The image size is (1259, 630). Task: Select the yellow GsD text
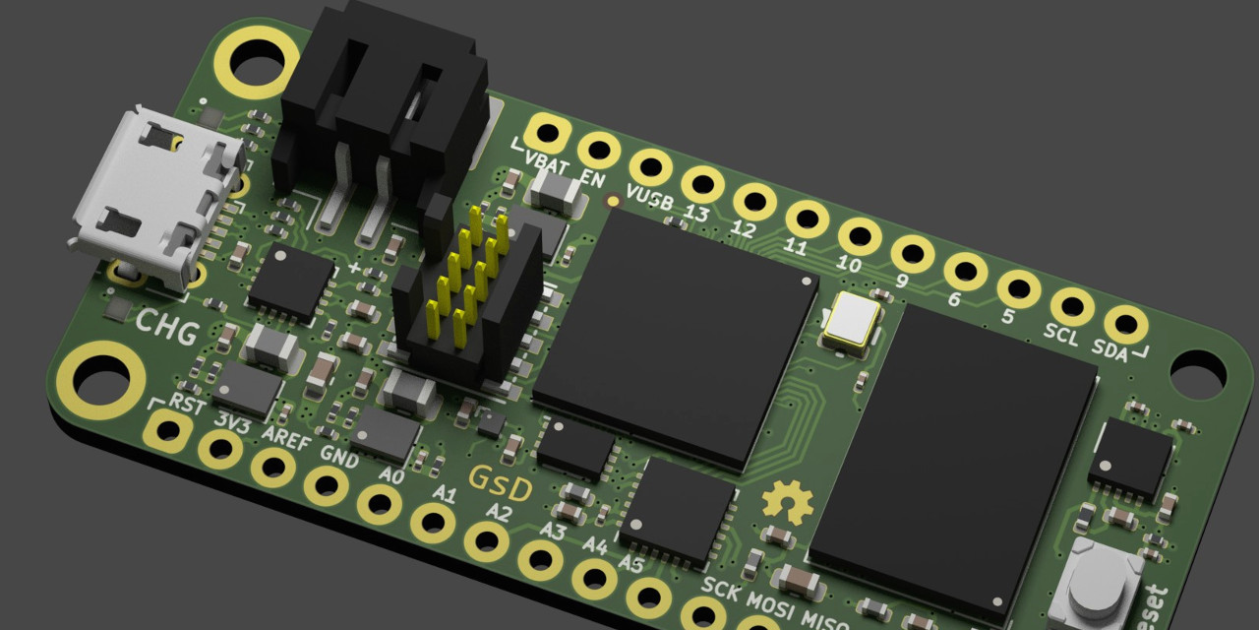coord(500,483)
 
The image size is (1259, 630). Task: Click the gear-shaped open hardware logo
coord(787,502)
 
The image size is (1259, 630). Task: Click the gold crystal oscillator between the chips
coord(853,322)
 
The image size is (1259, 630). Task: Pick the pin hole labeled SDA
coord(1125,324)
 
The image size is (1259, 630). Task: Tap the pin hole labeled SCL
coord(1072,306)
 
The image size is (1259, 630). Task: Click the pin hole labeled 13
coord(702,184)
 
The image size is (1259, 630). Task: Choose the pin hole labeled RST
coord(168,430)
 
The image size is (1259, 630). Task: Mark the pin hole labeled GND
coord(325,484)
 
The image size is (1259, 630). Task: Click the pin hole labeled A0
coord(378,503)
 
